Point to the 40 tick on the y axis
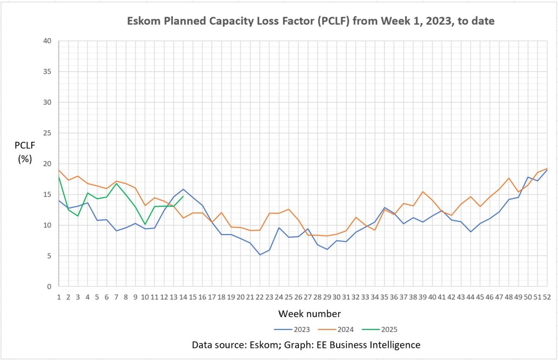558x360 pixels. pos(48,41)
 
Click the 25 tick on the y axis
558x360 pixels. pos(48,133)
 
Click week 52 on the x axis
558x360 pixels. pos(547,297)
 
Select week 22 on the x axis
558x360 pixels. pos(260,297)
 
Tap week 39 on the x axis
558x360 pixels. pos(423,297)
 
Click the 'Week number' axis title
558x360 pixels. pos(309,313)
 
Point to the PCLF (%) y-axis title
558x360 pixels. pos(25,152)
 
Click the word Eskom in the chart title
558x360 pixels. pos(141,21)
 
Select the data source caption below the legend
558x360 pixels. pos(306,345)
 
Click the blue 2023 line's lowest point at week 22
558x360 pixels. pos(259,254)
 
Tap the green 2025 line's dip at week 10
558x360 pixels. pos(145,224)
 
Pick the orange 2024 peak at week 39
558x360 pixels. pos(422,192)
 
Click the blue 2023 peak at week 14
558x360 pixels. pos(183,189)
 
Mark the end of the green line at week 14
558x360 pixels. pos(183,196)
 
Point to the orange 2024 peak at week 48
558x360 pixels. pos(509,178)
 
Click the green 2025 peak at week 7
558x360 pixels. pos(116,183)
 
